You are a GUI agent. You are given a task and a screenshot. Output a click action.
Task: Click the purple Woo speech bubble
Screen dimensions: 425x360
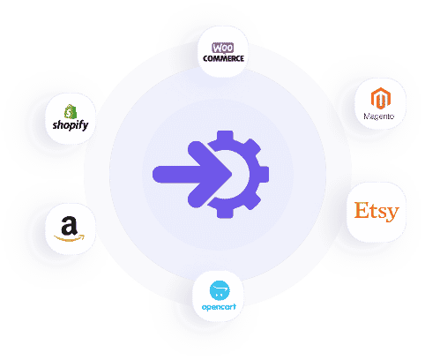[223, 48]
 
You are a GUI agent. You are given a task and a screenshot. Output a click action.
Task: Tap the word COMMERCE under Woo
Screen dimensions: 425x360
[223, 58]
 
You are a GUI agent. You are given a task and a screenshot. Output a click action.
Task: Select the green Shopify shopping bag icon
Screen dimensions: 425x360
[71, 111]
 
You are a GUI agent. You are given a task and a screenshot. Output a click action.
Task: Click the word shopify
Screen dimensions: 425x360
[71, 125]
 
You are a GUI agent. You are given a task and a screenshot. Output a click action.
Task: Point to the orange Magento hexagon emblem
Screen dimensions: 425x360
[381, 98]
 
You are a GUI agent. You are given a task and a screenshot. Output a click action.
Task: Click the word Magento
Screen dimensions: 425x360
[379, 116]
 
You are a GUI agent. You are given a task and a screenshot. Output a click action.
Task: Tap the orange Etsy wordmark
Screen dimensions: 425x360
[377, 212]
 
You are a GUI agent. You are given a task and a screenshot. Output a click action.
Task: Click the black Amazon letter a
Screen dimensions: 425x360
[70, 226]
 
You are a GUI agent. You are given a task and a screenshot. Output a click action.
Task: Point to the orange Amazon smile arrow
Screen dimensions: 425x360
[70, 238]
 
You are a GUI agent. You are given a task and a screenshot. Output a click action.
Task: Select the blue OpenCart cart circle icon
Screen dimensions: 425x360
[220, 290]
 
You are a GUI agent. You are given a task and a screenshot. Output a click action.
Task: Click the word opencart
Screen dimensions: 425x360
[219, 307]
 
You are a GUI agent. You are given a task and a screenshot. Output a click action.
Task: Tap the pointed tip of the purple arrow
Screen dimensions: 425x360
[232, 174]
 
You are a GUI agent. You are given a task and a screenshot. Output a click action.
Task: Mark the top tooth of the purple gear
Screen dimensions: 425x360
[225, 135]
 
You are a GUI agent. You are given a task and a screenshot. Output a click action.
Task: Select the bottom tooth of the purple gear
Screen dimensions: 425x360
[225, 213]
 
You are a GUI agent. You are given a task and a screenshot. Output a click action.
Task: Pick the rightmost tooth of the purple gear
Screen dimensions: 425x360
[264, 174]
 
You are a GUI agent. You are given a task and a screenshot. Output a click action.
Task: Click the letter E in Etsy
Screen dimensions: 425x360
[362, 210]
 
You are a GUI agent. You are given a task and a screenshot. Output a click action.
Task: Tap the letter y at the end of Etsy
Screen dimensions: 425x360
[392, 214]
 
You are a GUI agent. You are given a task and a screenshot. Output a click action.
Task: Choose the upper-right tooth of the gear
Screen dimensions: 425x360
[252, 146]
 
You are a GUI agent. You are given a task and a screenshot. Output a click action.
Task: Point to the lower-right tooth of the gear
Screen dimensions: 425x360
[252, 202]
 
